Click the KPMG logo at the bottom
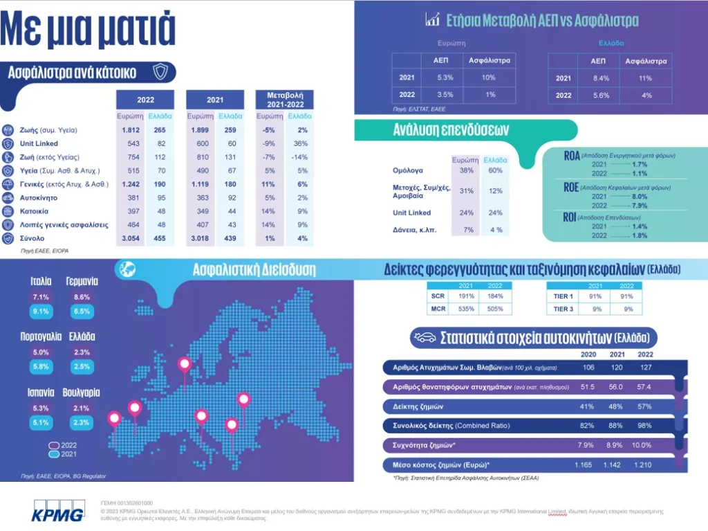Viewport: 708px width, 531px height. coord(59,511)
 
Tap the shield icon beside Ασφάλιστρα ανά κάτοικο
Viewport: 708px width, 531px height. coord(160,71)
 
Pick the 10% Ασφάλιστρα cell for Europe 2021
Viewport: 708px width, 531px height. coord(489,78)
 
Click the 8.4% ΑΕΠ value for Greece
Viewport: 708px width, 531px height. coord(599,78)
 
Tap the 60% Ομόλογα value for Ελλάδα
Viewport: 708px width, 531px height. coord(494,170)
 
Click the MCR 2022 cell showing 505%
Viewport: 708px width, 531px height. coord(495,308)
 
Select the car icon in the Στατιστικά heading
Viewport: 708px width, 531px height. coord(423,338)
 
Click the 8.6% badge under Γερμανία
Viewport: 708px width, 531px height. coord(81,297)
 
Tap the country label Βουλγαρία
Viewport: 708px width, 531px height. coord(81,392)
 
